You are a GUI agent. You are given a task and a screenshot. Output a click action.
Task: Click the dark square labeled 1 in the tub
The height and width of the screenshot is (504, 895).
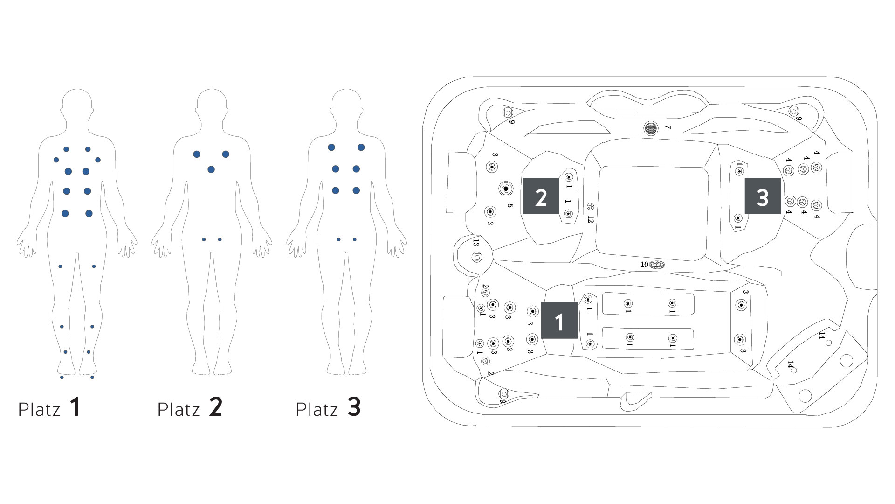559,320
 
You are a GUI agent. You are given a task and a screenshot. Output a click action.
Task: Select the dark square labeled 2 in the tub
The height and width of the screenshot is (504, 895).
541,196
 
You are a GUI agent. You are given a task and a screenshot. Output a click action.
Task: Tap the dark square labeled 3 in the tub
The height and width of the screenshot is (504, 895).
763,196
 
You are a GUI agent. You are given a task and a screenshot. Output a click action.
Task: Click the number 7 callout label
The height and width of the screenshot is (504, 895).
668,127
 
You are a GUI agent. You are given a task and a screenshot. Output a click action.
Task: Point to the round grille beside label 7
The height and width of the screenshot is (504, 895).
651,128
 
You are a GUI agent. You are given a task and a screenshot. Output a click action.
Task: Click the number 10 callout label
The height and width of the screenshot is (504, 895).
644,265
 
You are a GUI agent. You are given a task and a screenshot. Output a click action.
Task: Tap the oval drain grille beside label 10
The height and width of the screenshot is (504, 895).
657,265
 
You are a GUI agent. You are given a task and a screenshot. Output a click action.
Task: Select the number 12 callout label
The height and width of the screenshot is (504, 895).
591,219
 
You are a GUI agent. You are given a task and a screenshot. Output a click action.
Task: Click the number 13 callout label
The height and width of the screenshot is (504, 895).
475,243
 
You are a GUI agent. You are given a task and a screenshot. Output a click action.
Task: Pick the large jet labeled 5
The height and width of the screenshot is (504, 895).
505,189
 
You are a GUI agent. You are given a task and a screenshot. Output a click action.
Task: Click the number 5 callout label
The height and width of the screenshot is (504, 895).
510,206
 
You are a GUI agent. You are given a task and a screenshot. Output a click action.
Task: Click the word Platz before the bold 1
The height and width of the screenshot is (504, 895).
39,410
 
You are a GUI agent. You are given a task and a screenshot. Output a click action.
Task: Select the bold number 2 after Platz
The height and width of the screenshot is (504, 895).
215,407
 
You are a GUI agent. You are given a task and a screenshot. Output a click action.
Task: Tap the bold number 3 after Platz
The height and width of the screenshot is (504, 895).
354,407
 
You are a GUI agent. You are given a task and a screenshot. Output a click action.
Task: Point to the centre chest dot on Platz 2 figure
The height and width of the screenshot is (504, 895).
211,169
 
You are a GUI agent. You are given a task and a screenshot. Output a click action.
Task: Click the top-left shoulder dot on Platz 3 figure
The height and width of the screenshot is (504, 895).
331,147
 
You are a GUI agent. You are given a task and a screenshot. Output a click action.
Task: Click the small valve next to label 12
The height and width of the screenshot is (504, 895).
591,206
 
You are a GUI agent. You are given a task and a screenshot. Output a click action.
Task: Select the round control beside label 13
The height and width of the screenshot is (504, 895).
476,257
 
